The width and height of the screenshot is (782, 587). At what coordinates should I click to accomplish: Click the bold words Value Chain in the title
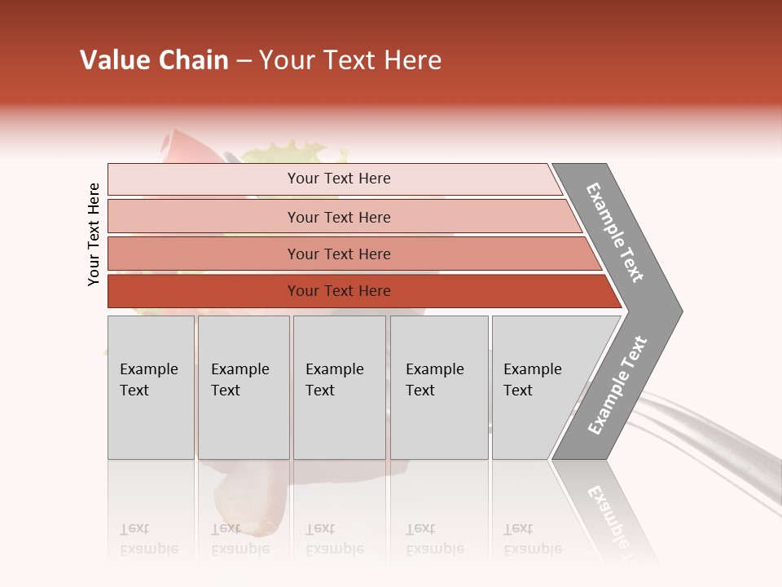pos(154,60)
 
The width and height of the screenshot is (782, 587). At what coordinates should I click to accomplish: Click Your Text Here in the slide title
pos(350,60)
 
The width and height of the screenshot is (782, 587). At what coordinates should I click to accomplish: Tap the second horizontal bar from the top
pos(338,217)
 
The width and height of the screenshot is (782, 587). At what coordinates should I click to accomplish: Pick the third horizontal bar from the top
pos(338,254)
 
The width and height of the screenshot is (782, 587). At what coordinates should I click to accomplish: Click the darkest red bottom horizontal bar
pos(338,291)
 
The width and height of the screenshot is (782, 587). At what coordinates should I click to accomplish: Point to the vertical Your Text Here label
pos(94,234)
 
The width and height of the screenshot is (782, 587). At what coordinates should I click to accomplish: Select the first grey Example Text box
pos(151,387)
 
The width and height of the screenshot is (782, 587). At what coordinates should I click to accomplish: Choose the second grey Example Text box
pos(244,387)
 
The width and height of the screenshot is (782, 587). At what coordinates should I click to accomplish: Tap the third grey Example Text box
pos(339,387)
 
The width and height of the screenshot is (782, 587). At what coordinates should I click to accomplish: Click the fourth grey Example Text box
pos(439,387)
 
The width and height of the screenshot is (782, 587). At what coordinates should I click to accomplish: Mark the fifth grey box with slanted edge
pos(538,387)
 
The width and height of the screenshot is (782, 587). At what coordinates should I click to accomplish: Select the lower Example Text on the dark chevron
pos(617,385)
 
